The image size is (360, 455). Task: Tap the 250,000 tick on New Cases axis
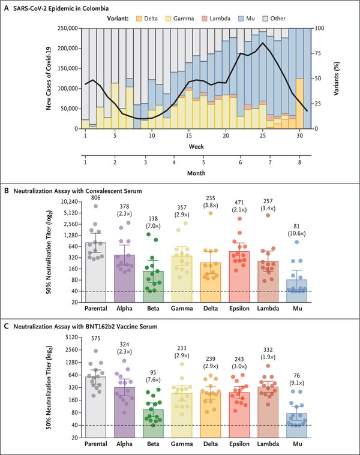click(63, 28)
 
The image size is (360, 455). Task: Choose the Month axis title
click(194, 173)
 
